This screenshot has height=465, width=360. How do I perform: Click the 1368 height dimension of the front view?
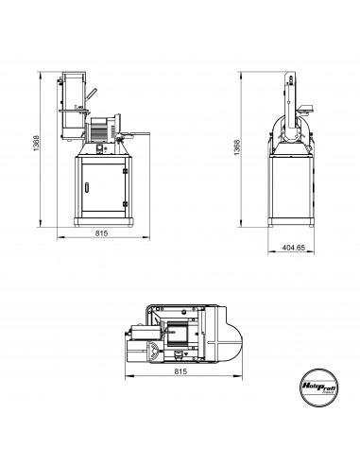pyautogui.click(x=35, y=148)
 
